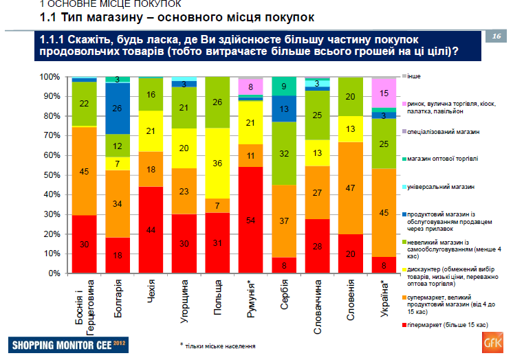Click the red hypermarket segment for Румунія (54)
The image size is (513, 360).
click(x=251, y=220)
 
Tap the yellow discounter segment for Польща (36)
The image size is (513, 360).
click(x=217, y=164)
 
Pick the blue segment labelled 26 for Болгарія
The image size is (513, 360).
click(x=118, y=108)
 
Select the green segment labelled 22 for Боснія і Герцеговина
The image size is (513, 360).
click(x=84, y=104)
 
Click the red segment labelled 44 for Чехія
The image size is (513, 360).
click(x=151, y=229)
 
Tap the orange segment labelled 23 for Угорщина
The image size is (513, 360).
click(x=184, y=192)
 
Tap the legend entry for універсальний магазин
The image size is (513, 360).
click(x=441, y=186)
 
